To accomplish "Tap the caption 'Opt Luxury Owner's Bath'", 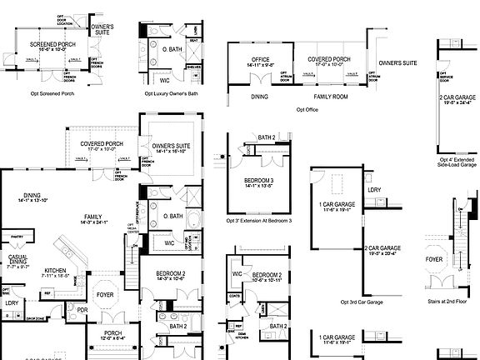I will click(172, 93).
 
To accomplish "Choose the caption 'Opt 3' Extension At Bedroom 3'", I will click(258, 221).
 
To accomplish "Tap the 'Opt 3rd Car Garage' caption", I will click(363, 302).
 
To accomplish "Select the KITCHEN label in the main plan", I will click(55, 271).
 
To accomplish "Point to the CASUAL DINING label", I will click(18, 259).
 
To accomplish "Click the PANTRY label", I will click(16, 237).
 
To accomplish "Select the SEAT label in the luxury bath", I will click(194, 40).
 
